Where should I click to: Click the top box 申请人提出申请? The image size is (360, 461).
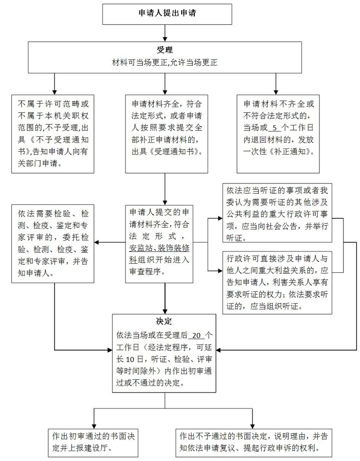[x=167, y=14]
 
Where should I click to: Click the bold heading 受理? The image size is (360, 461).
[x=165, y=50]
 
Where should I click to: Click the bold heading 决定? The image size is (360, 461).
[x=164, y=321]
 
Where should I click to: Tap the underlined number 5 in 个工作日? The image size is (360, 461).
[x=275, y=128]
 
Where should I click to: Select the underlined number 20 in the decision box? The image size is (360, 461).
[x=196, y=336]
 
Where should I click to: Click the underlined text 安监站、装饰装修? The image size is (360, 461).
[x=159, y=248]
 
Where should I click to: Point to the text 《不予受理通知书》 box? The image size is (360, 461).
[x=52, y=134]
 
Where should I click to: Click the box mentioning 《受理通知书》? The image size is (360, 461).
[x=167, y=134]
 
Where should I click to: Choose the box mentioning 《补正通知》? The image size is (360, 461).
[x=278, y=134]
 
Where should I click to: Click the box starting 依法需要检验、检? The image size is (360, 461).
[x=52, y=244]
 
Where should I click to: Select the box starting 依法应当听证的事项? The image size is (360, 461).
[x=277, y=213]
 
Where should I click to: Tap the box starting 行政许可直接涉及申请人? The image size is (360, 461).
[x=277, y=283]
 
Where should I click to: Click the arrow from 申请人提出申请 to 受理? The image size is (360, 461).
[x=165, y=33]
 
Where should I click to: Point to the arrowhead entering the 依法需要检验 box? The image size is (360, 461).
[x=97, y=243]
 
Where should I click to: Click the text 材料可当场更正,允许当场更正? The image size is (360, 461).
[x=165, y=63]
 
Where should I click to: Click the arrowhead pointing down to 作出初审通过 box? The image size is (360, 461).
[x=94, y=426]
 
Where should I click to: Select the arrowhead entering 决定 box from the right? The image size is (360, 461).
[x=219, y=350]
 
